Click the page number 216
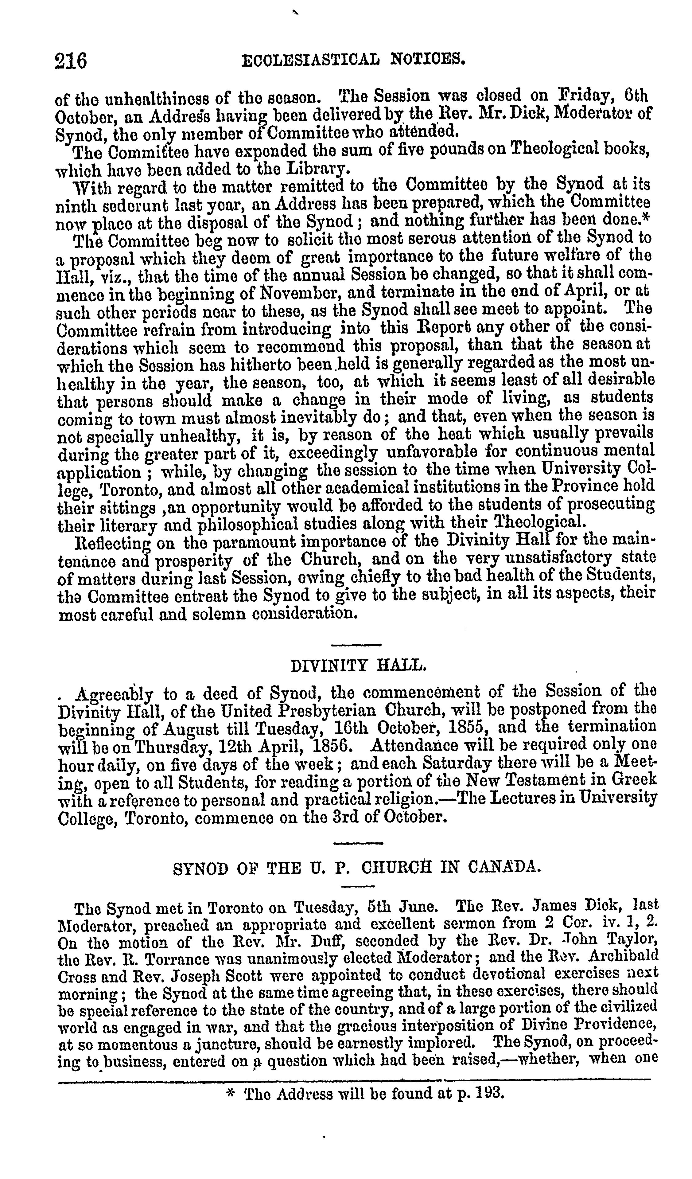click(71, 61)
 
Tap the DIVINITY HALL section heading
click(358, 665)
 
